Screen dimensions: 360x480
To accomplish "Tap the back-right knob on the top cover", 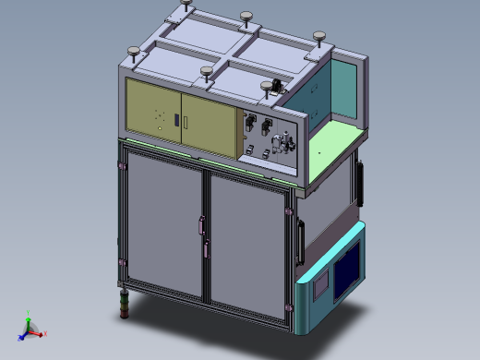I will [x=319, y=39].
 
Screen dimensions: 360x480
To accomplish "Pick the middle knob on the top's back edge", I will [x=246, y=18].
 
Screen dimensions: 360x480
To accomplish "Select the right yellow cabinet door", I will [x=210, y=126].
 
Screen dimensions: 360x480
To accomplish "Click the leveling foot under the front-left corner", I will [x=122, y=304].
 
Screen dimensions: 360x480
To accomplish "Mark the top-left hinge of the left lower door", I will [x=123, y=166].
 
